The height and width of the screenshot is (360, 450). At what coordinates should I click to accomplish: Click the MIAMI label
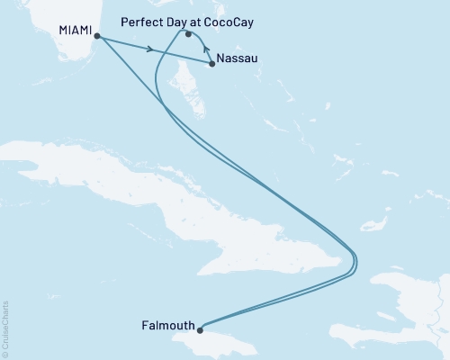click(75, 30)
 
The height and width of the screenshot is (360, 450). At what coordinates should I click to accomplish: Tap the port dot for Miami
click(96, 37)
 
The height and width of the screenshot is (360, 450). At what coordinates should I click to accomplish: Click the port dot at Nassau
click(211, 63)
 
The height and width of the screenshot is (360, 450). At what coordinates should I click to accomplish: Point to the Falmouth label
click(167, 325)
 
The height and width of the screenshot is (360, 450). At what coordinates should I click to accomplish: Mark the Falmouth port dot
click(202, 328)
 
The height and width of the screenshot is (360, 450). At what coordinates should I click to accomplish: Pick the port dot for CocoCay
click(188, 35)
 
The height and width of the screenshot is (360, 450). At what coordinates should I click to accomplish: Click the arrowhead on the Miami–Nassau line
click(148, 49)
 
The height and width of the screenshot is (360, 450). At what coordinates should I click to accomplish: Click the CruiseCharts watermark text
click(5, 328)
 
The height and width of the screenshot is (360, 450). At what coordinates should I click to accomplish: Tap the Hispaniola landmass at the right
click(405, 306)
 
